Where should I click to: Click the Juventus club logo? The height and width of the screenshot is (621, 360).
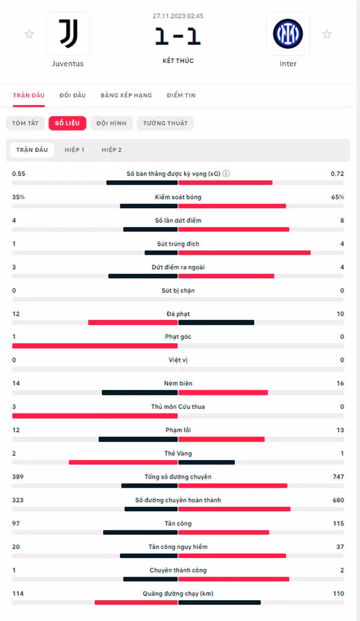click(68, 34)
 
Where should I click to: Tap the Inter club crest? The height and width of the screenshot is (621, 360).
click(288, 34)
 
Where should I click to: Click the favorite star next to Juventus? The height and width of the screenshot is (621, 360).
click(29, 34)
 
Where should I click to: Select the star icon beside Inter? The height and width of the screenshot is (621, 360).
click(327, 34)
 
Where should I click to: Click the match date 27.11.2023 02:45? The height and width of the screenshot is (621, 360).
click(178, 16)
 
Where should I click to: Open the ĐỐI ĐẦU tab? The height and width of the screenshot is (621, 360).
click(73, 95)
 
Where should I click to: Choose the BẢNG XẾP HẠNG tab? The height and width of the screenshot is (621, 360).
click(127, 95)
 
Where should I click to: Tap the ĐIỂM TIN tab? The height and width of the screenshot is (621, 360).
click(181, 95)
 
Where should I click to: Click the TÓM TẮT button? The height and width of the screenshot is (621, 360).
click(25, 123)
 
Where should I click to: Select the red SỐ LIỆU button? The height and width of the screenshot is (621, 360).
click(67, 123)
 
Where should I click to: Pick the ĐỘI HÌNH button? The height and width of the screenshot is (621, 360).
click(112, 123)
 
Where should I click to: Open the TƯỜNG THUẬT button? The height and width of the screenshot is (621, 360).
click(165, 123)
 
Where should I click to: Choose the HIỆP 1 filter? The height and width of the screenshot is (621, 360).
click(74, 150)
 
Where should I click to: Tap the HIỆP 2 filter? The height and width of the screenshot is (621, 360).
click(112, 150)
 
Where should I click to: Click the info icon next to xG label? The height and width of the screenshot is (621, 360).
click(226, 173)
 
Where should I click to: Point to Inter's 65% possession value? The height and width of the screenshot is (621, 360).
click(337, 197)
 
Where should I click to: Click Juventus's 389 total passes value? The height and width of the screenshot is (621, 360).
click(18, 476)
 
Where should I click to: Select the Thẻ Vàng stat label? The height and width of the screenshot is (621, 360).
click(178, 453)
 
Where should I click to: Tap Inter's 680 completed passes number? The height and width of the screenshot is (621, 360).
click(338, 500)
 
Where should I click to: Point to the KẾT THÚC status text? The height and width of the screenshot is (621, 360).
click(178, 61)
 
